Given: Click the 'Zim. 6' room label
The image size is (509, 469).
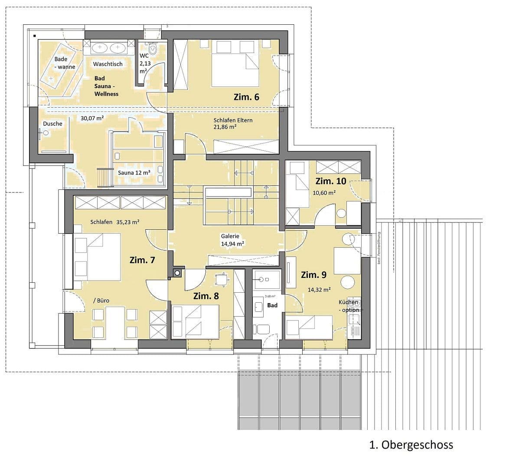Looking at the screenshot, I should pos(246,97).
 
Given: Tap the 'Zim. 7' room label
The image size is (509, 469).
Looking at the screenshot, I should pos(142,260).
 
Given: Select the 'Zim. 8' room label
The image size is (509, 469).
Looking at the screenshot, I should pos(206,296).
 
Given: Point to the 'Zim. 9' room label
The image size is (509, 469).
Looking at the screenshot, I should pos(313,274).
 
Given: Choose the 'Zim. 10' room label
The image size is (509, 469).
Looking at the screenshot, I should pos(331,181).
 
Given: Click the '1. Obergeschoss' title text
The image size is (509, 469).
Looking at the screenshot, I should pos(411,445).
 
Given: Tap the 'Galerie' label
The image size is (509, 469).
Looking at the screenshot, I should pos(230,236).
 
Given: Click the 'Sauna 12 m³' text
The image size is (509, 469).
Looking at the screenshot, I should pos(134,172).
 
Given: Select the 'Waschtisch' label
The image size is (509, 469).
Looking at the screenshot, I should pos(108,64).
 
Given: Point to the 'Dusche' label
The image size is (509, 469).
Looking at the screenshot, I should pos(52,124).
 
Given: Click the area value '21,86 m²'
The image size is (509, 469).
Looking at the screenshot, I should pos(225,127).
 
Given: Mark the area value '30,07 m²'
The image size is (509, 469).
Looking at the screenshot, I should pos(92,118).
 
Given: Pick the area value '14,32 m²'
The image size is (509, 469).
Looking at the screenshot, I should pos(319,289).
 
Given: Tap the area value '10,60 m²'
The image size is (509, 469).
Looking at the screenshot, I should pos(324,192).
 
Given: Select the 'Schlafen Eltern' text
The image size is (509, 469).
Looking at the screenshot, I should pos(233,120).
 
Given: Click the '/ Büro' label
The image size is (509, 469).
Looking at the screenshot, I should pos(101,301).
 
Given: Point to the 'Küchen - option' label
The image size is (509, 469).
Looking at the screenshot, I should pos(349,306).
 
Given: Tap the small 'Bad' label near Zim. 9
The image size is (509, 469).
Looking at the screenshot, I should pos(272,305).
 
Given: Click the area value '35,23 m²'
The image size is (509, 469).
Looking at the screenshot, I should pos(127,222).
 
